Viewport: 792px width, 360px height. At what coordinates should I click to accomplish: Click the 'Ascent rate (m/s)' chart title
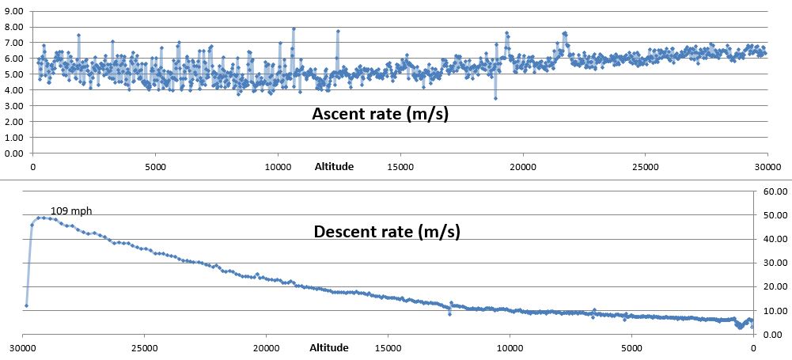point(380,114)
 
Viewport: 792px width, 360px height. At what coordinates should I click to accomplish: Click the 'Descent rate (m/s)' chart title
point(387,232)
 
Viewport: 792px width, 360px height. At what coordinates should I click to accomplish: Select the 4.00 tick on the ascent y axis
point(13,90)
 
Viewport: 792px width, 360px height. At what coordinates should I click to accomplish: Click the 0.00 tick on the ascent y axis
point(13,153)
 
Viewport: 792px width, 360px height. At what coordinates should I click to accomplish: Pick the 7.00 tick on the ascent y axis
point(13,44)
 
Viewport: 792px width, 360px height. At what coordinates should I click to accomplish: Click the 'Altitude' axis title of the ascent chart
point(333,166)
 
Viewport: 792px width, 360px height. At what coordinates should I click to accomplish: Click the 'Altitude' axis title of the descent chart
point(329,347)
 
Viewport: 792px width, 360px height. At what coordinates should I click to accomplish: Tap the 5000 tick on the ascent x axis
point(155,167)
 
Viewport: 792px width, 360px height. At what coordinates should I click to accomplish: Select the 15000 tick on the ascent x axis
point(400,167)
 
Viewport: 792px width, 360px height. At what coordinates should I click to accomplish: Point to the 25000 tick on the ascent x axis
point(645,167)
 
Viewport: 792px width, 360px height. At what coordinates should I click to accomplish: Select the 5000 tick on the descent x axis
point(631,347)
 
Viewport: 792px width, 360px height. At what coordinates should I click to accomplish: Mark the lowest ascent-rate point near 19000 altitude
point(495,98)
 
